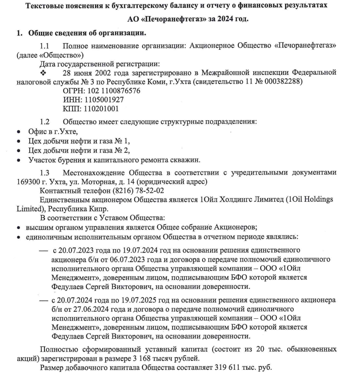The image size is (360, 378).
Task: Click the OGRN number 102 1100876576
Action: click(x=115, y=91)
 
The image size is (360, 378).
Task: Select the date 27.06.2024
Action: click(x=88, y=309)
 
